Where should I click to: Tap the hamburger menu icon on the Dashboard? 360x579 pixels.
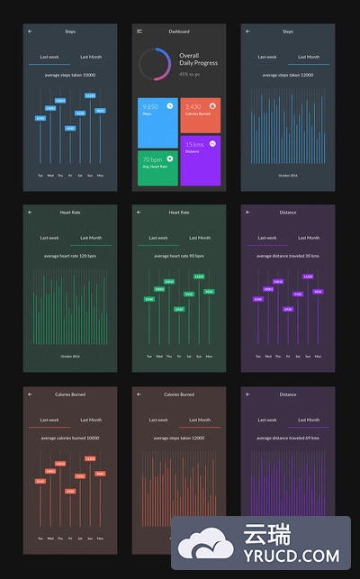click(139, 32)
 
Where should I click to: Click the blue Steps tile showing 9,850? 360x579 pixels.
click(157, 122)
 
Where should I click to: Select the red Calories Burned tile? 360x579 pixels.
click(200, 115)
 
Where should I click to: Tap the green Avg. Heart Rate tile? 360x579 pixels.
click(157, 167)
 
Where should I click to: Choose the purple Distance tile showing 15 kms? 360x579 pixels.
click(200, 160)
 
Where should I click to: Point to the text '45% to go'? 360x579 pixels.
click(190, 74)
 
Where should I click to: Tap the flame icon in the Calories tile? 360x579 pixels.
click(212, 105)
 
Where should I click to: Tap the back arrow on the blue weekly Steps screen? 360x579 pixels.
click(30, 32)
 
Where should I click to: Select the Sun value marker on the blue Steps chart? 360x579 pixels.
click(90, 95)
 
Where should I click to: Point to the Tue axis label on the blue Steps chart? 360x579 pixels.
click(40, 175)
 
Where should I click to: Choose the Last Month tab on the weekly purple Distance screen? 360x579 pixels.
click(309, 238)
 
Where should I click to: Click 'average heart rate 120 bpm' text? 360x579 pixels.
click(69, 256)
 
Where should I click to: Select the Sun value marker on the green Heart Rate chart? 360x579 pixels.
click(199, 276)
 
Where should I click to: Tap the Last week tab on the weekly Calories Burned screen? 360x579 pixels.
click(49, 420)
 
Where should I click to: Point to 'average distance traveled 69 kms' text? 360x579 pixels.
click(288, 438)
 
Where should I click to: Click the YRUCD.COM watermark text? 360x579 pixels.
click(288, 557)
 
